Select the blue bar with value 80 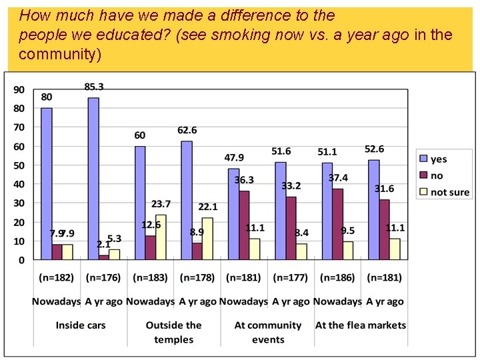click(46, 183)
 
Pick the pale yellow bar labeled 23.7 click(161, 237)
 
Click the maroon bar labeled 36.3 click(244, 225)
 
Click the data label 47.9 click(234, 158)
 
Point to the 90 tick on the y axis click(19, 89)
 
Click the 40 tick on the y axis click(19, 184)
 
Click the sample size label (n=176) click(103, 277)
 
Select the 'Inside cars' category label click(80, 325)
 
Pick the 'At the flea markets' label click(361, 325)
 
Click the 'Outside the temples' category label click(173, 332)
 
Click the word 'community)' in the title click(60, 55)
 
